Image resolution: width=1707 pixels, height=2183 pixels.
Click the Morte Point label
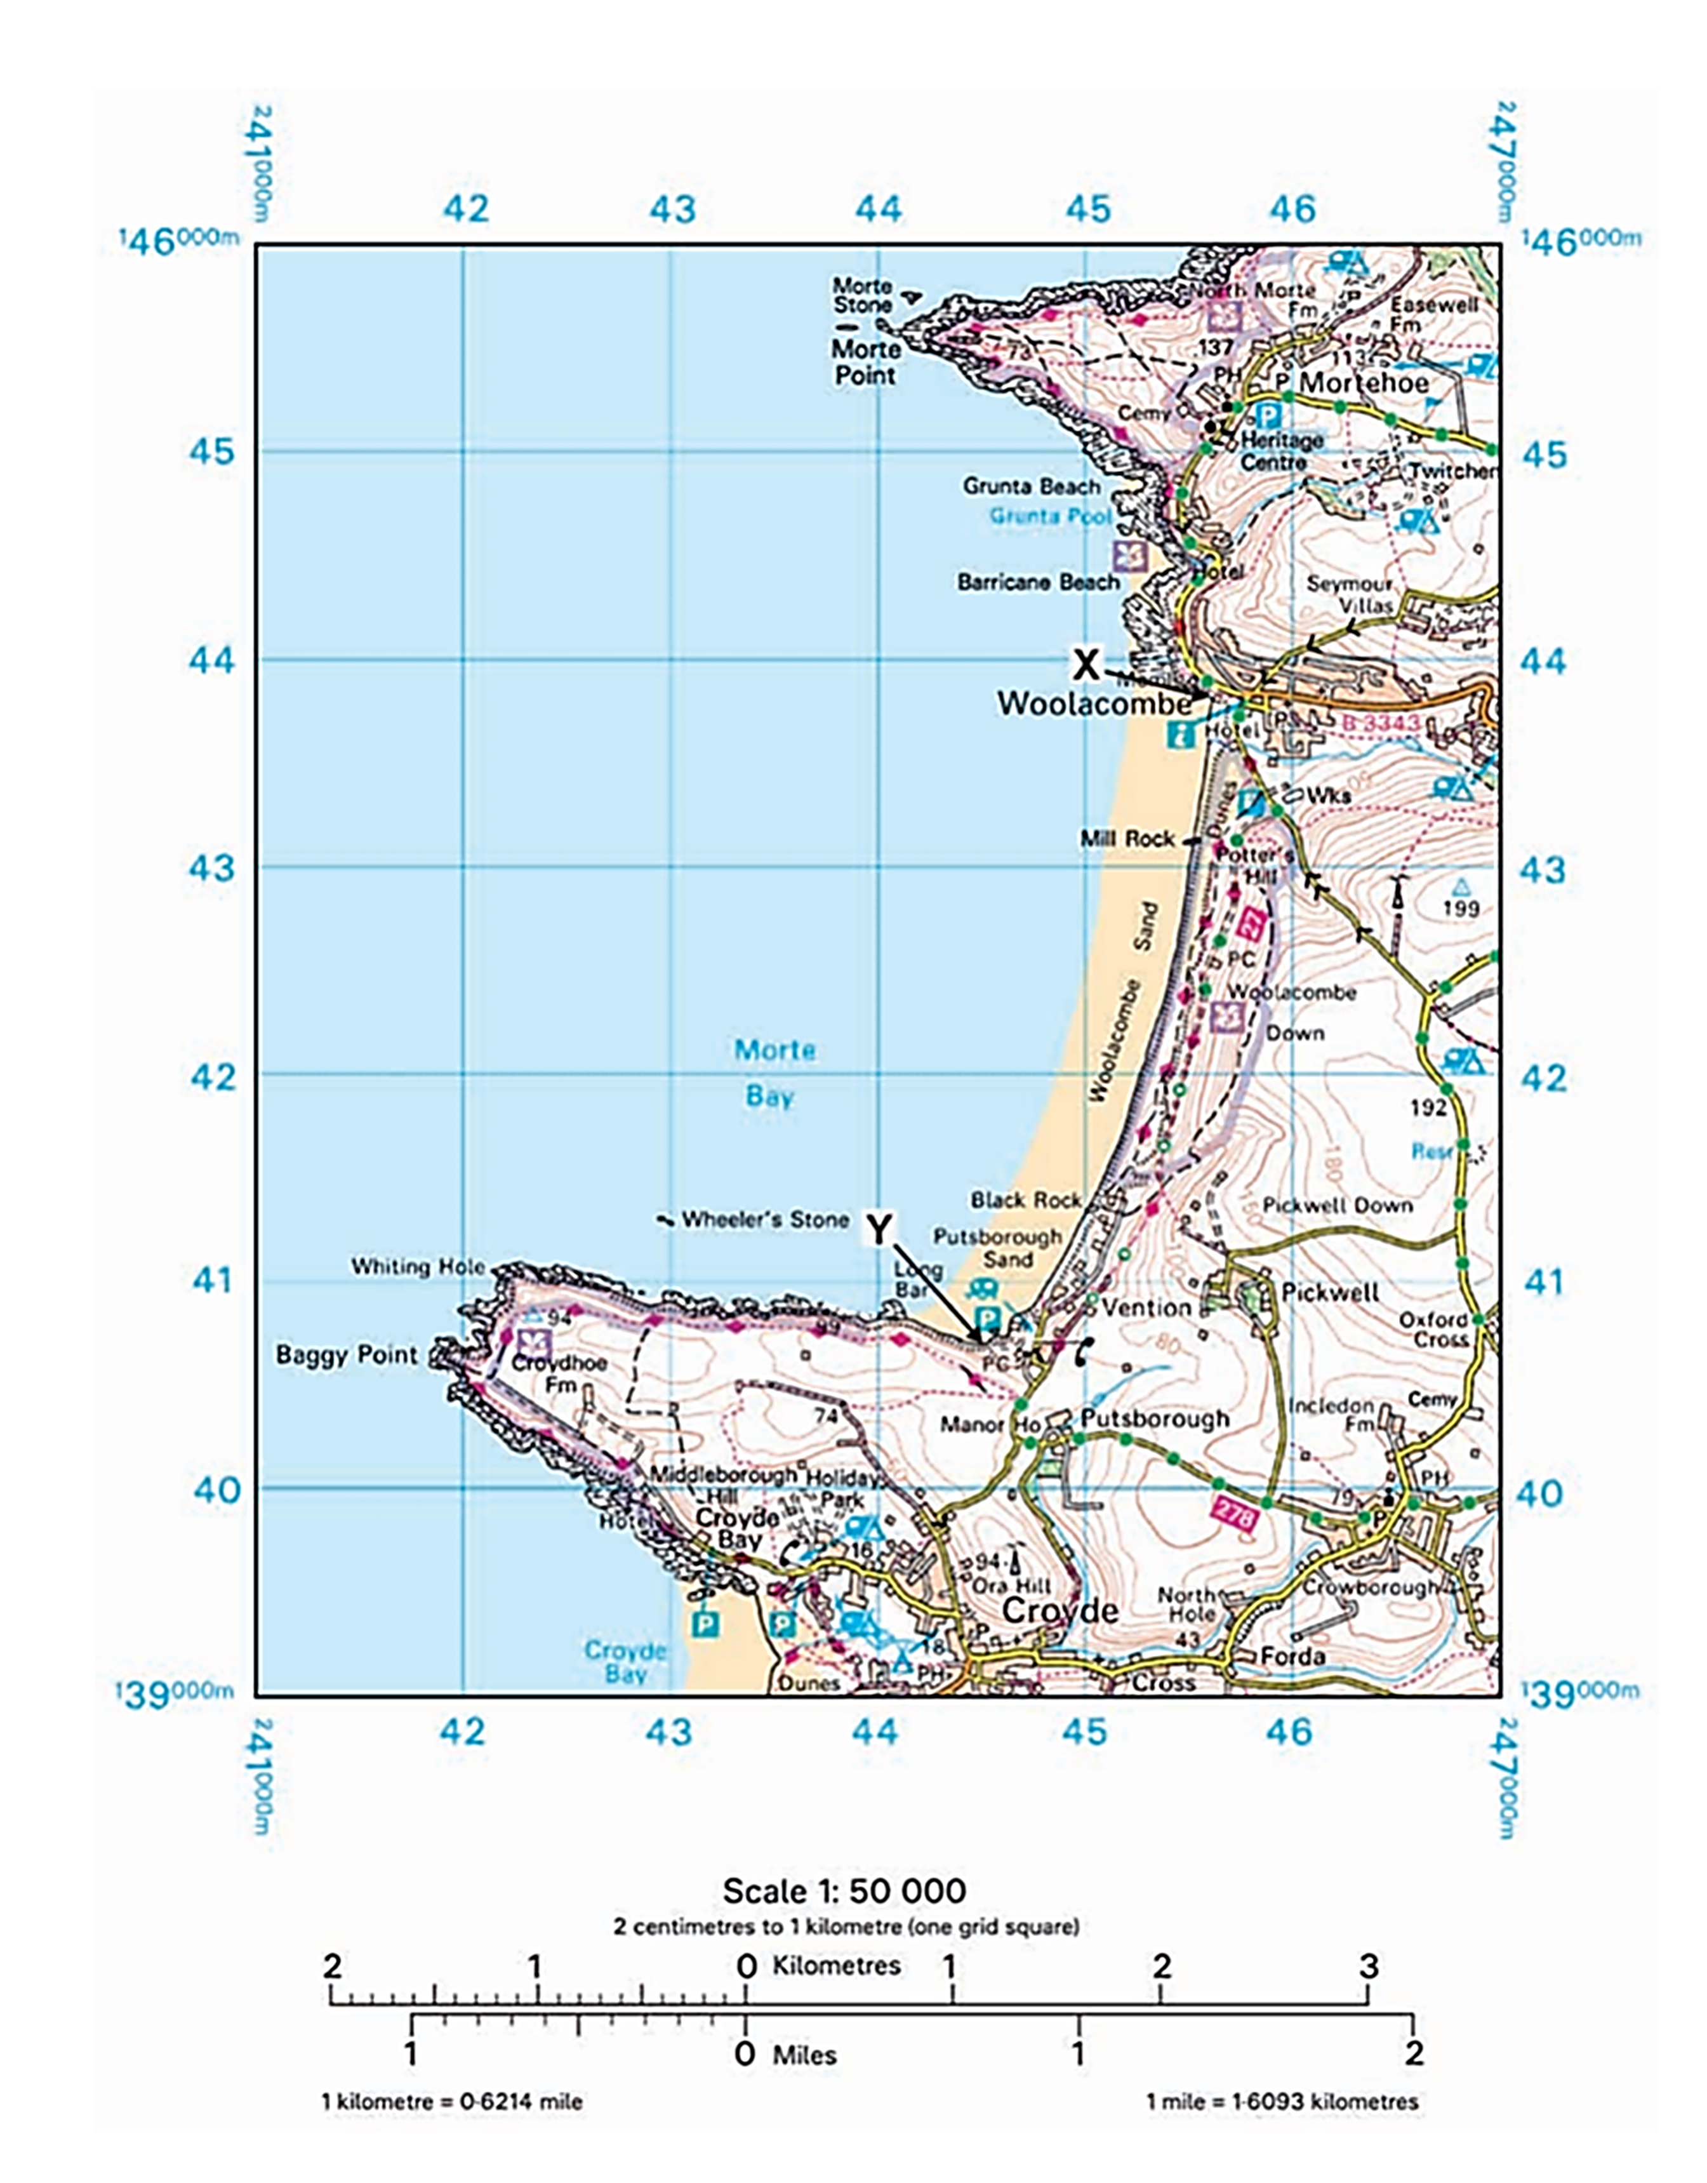[x=865, y=363]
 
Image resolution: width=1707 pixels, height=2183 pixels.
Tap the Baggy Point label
[x=346, y=1356]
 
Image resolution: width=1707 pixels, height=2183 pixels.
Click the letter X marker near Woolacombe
[x=1086, y=664]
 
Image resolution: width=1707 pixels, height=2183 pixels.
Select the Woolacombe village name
[x=1094, y=704]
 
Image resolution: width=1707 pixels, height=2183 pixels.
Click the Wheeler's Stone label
[x=764, y=1219]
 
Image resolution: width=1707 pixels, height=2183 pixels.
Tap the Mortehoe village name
[x=1364, y=383]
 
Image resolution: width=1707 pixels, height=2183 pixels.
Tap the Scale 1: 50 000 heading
[x=844, y=1891]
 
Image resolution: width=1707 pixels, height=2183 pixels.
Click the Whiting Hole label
[x=418, y=1266]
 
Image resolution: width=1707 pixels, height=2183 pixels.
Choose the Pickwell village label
[x=1329, y=1292]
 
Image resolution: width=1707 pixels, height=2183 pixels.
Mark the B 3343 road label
[x=1379, y=723]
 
